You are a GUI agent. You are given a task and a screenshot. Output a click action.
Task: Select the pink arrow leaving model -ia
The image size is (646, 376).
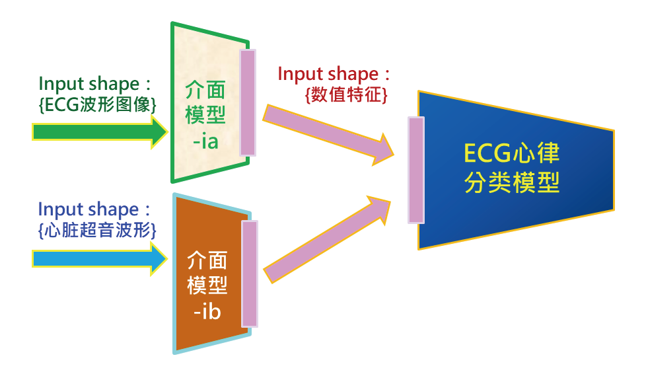327,134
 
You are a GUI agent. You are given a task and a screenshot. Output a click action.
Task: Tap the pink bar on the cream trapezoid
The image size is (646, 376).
247,102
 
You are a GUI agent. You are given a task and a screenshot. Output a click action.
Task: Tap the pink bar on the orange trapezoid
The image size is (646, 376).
250,274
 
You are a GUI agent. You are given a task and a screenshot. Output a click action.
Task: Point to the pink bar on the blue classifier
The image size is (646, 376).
416,170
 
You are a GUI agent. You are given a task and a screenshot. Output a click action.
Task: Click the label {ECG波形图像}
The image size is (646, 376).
98,104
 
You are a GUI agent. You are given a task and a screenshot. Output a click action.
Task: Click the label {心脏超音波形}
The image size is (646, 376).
97,230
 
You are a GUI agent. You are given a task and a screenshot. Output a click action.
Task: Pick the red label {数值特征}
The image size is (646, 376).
346,94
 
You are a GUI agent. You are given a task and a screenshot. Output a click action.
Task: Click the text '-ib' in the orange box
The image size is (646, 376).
207,311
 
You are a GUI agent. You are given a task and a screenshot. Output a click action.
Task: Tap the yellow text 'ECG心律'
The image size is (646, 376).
512,154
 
